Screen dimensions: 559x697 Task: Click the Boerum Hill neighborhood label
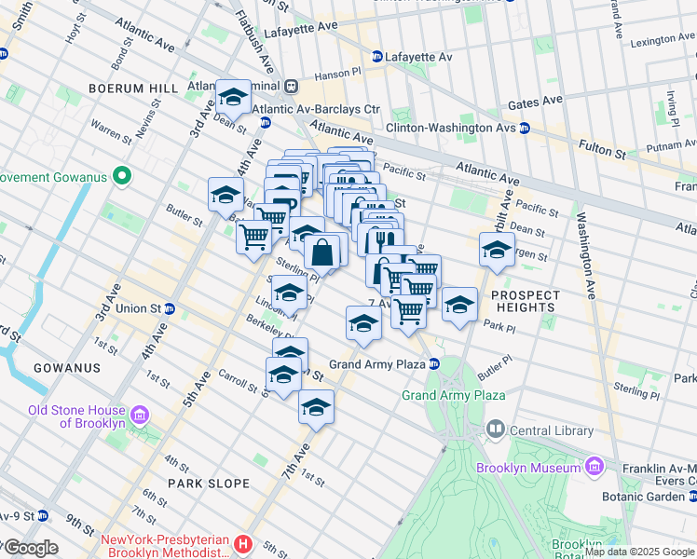pos(133,88)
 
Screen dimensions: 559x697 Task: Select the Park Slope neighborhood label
pos(209,484)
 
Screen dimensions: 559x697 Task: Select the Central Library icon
pos(495,429)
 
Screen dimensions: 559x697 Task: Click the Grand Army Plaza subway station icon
pos(434,363)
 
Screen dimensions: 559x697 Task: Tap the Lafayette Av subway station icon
pos(377,57)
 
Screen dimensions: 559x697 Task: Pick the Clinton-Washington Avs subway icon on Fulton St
pos(525,129)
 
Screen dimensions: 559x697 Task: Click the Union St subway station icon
pos(170,307)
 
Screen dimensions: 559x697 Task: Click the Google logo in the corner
pos(30,548)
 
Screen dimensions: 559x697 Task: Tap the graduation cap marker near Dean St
pos(231,98)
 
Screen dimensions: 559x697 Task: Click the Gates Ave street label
pos(535,101)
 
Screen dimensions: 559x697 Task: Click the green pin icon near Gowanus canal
pos(121,175)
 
